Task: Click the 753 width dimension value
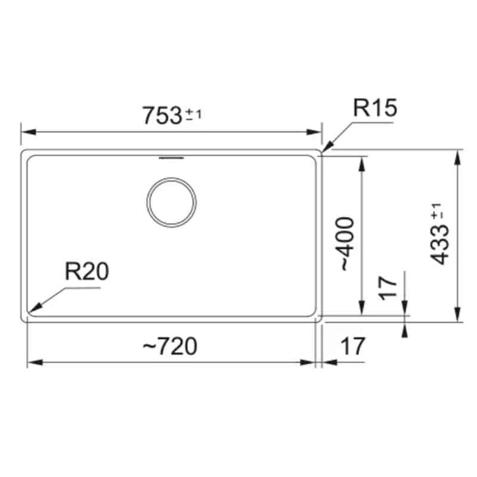(x=161, y=115)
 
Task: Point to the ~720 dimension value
(x=170, y=345)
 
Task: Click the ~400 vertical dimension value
(x=348, y=244)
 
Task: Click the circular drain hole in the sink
(x=171, y=202)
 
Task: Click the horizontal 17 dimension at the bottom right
(x=352, y=345)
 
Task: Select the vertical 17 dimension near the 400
(x=388, y=289)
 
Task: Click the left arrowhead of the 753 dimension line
(x=25, y=132)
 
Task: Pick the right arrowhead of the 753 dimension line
(x=318, y=132)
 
